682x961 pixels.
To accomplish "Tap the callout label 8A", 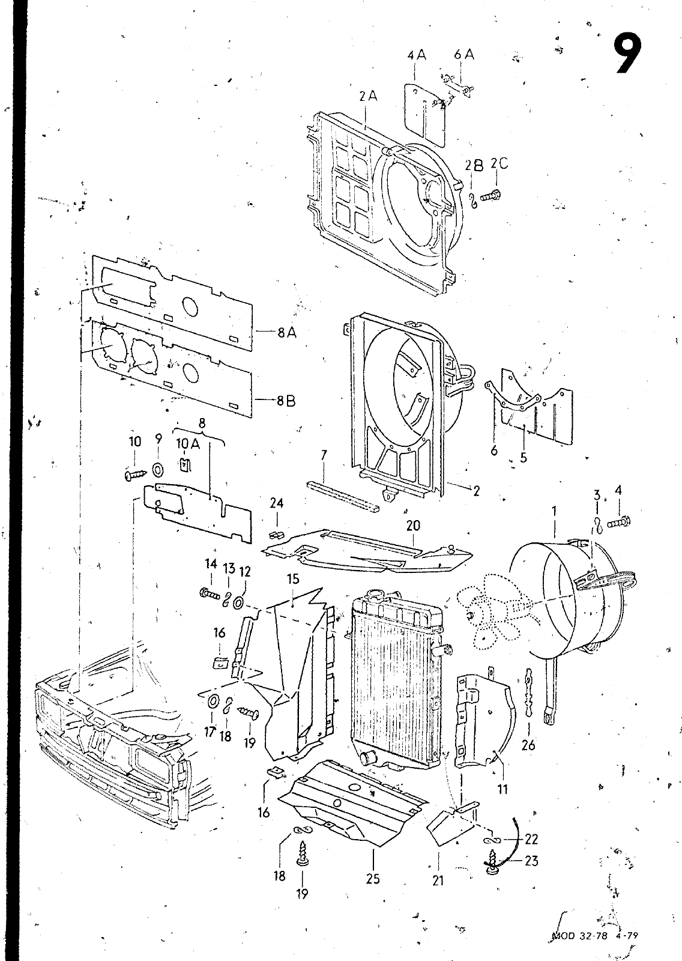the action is click(x=287, y=332).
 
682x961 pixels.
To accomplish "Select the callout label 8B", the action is click(x=286, y=401).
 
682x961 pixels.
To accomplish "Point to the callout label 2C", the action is click(x=499, y=164).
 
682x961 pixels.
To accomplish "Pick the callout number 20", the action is click(x=412, y=525).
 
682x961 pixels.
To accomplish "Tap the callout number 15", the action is click(x=293, y=579).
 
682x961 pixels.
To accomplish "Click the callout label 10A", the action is click(x=188, y=444).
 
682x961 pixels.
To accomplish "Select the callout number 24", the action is click(x=277, y=503).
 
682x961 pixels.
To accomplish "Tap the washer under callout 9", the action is click(x=157, y=470).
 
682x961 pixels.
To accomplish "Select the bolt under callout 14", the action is click(x=210, y=594).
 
